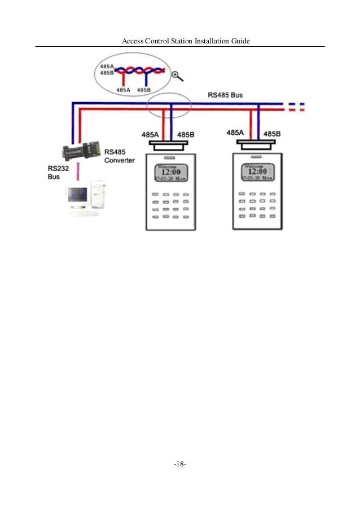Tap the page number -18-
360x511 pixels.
click(x=181, y=464)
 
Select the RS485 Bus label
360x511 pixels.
click(x=225, y=95)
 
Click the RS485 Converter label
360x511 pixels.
click(x=120, y=156)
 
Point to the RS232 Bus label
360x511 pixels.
click(x=56, y=172)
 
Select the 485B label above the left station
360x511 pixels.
click(x=186, y=134)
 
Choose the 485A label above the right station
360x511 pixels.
click(x=235, y=133)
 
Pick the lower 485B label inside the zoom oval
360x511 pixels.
click(x=144, y=90)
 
